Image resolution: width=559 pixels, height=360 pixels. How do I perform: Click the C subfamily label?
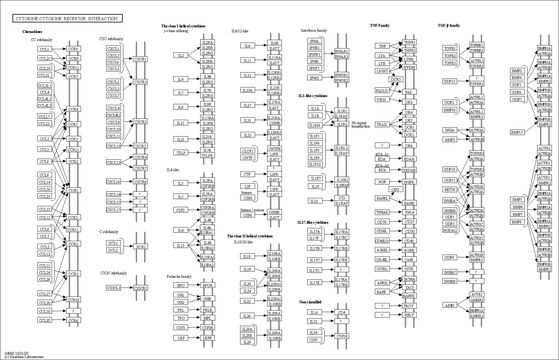pos(110,232)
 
